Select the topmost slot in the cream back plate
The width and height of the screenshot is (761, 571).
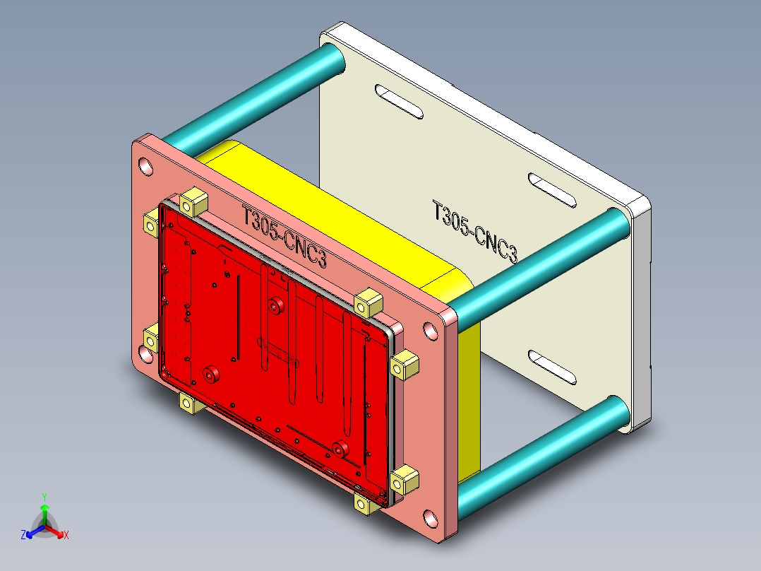(399, 100)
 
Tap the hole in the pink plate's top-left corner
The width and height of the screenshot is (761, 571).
(146, 167)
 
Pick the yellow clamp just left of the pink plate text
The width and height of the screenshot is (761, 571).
(192, 202)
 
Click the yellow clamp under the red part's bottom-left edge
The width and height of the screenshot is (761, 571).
(188, 403)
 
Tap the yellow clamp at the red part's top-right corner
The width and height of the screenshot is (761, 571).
(368, 302)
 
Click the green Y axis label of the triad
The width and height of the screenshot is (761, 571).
(44, 497)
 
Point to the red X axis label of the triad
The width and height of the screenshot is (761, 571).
(66, 535)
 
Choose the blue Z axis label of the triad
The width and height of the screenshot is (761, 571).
(23, 535)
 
